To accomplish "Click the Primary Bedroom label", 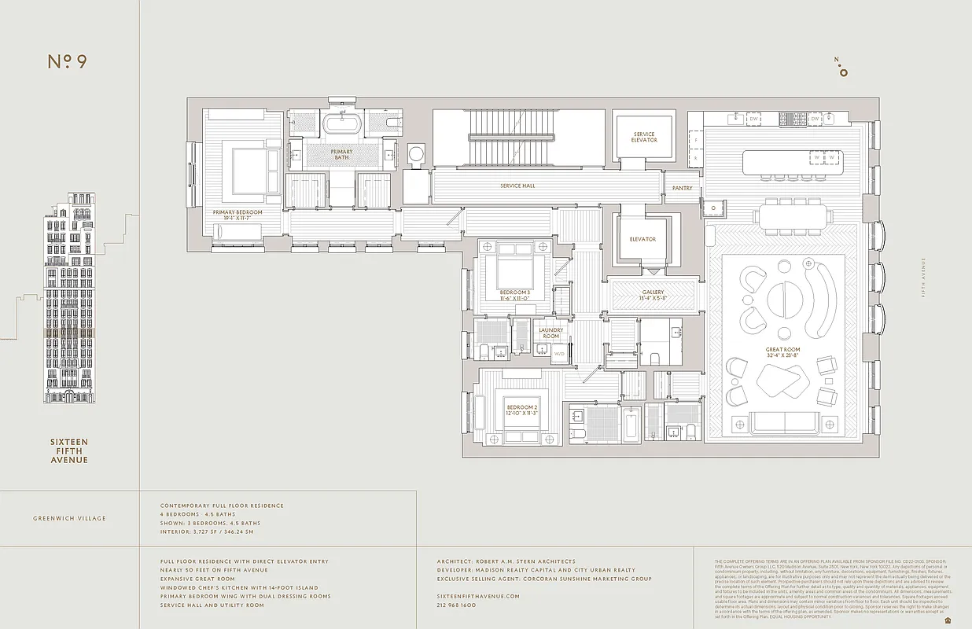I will point(237,212).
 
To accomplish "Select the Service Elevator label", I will point(643,138).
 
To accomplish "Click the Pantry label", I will point(681,189).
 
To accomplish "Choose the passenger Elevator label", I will point(642,239).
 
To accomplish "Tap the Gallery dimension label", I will point(653,296).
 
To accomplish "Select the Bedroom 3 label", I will point(515,296).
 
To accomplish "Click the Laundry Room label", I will point(550,333).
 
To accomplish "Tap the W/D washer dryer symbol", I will point(559,354).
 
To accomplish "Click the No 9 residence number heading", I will point(67,62).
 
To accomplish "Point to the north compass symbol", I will point(843,69).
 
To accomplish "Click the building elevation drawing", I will point(70,299).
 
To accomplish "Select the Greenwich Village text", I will point(69,518).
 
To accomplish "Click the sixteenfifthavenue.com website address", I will point(478,596).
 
